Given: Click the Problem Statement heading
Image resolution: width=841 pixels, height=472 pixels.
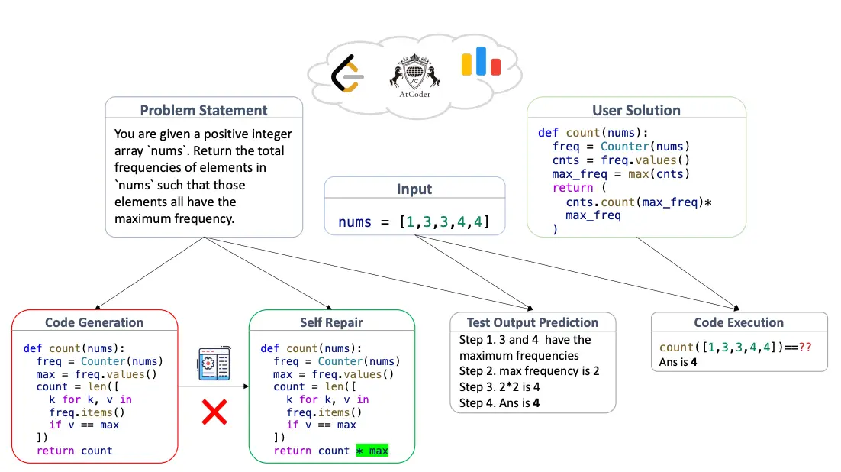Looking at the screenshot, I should coord(204,110).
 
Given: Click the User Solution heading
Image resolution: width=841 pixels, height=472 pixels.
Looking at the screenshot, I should coord(636,110).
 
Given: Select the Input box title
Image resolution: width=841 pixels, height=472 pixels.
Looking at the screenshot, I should coord(414,189).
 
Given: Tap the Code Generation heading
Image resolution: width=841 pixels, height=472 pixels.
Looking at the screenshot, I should coord(94,322).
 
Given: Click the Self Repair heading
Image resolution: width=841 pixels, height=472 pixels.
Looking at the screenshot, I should coord(331,322).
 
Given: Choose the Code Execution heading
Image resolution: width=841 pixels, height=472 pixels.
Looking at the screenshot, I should coord(739,322).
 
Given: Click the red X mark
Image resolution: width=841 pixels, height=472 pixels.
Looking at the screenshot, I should coord(214,413).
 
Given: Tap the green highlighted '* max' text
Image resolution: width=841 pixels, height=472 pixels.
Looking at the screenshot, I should coord(372,451).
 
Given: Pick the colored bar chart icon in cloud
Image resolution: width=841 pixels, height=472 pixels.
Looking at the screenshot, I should coord(481,62).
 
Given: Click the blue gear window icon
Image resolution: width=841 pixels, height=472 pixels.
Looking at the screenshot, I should coord(214,364).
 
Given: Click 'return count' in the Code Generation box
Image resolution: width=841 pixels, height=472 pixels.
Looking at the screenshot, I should coord(74,451).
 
